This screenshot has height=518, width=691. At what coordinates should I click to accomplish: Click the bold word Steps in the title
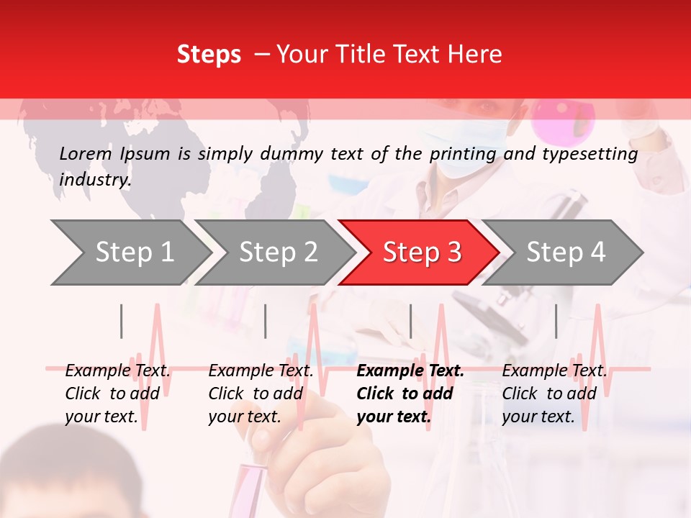209,55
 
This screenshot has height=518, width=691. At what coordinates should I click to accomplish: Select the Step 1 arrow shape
130,253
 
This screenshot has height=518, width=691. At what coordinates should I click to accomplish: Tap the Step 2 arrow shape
274,253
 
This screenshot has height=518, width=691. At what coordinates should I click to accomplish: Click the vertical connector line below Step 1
122,321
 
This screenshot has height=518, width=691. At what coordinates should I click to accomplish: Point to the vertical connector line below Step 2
266,321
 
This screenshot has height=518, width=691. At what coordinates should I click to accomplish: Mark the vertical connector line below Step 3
410,321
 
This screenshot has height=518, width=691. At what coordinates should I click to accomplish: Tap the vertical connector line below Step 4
556,321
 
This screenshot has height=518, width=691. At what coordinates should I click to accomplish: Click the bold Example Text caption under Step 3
410,394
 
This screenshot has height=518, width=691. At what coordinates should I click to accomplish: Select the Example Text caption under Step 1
117,394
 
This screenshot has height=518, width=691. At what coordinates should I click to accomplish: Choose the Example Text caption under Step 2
261,394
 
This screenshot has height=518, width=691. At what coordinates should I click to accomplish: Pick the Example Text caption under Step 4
554,394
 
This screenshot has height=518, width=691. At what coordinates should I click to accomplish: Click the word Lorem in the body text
86,153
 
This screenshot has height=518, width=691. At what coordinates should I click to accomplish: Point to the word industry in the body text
94,180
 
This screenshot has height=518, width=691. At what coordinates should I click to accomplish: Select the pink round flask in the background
564,119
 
